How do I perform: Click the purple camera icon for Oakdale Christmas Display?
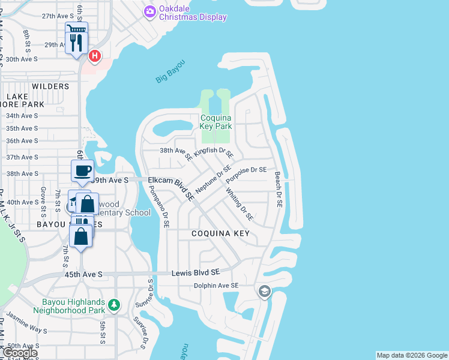[x=149, y=11]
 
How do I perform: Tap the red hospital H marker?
[x=94, y=56]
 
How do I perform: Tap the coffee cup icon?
[x=82, y=170]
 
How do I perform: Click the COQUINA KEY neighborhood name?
[x=220, y=233]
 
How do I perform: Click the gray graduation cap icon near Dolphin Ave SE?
[x=264, y=292]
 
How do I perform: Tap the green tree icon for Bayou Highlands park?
[x=114, y=306]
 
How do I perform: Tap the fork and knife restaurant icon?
[x=76, y=42]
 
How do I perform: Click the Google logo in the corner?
[x=20, y=353]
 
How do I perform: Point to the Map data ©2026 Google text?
[x=411, y=355]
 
